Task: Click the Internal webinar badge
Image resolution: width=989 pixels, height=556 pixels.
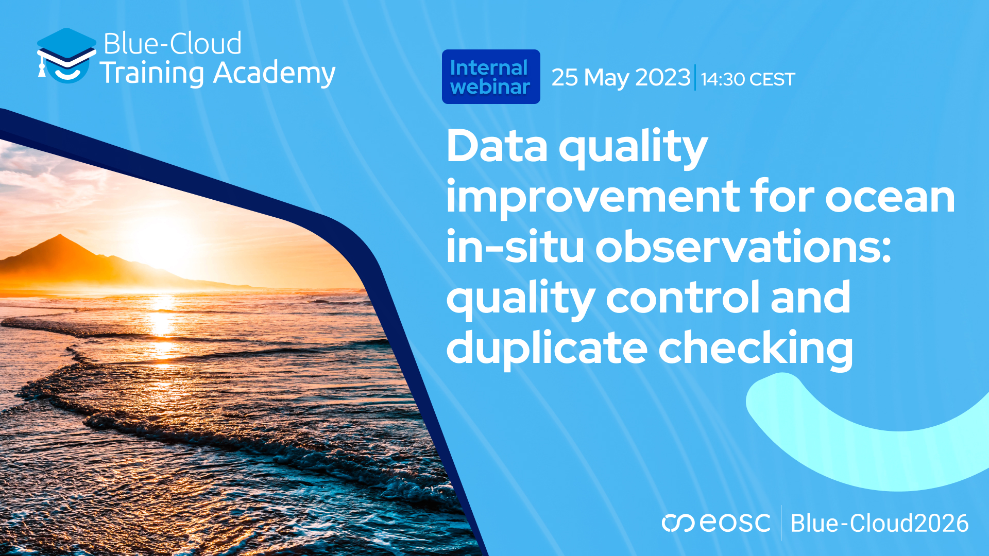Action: [490, 77]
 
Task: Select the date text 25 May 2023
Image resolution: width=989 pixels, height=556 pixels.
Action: [620, 78]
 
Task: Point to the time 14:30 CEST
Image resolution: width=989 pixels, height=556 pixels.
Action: [748, 79]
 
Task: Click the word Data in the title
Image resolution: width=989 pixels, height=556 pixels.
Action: [497, 147]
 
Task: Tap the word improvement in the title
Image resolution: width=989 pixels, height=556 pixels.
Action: [593, 197]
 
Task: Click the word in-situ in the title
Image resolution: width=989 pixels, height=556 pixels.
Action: [515, 247]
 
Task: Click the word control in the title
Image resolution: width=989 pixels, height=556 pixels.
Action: [683, 297]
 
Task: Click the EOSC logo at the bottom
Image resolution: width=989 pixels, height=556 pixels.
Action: [716, 523]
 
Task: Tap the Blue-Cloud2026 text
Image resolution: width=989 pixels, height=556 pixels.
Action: [879, 523]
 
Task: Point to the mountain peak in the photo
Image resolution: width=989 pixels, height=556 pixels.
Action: [60, 236]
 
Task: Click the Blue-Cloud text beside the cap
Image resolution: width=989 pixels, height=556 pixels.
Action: [173, 43]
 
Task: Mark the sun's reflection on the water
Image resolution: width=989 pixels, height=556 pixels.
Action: [162, 319]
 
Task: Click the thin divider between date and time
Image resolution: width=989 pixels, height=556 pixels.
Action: [695, 78]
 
